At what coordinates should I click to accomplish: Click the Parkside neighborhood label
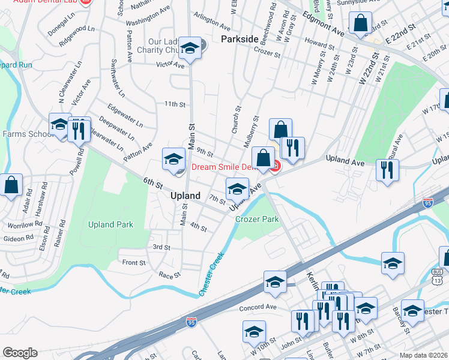pyautogui.click(x=240, y=39)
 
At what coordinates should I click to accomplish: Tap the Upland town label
pyautogui.click(x=185, y=196)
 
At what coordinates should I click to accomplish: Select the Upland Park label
pyautogui.click(x=110, y=224)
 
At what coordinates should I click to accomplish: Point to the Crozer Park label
pyautogui.click(x=256, y=219)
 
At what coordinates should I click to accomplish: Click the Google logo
pyautogui.click(x=20, y=353)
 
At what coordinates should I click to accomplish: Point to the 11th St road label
pyautogui.click(x=175, y=104)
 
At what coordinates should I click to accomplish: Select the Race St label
pyautogui.click(x=169, y=275)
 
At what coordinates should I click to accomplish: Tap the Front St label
pyautogui.click(x=134, y=263)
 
